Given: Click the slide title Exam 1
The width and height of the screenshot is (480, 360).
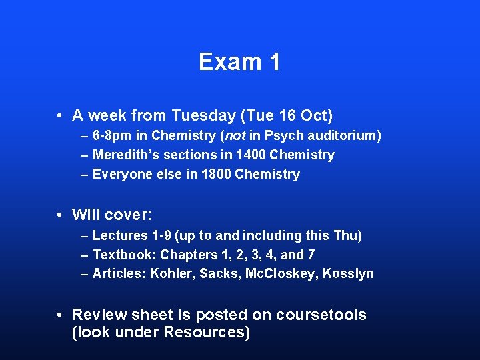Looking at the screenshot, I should [239, 62].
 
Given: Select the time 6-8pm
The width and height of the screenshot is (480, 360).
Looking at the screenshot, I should [113, 136].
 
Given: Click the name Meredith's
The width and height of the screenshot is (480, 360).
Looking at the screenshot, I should [124, 155].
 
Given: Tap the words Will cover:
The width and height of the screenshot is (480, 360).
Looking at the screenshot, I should [112, 215].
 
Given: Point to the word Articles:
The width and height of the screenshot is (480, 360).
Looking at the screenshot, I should [119, 274].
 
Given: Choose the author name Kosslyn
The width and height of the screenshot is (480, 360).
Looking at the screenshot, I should [348, 274].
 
